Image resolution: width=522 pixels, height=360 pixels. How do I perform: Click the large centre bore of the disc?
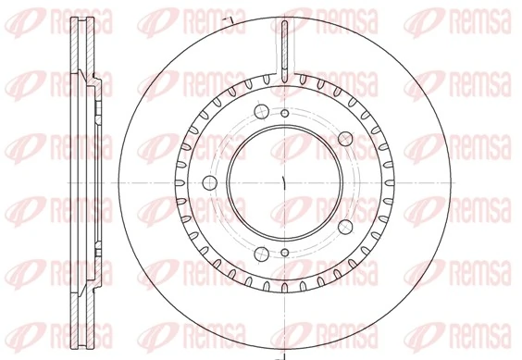coord(283,180)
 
